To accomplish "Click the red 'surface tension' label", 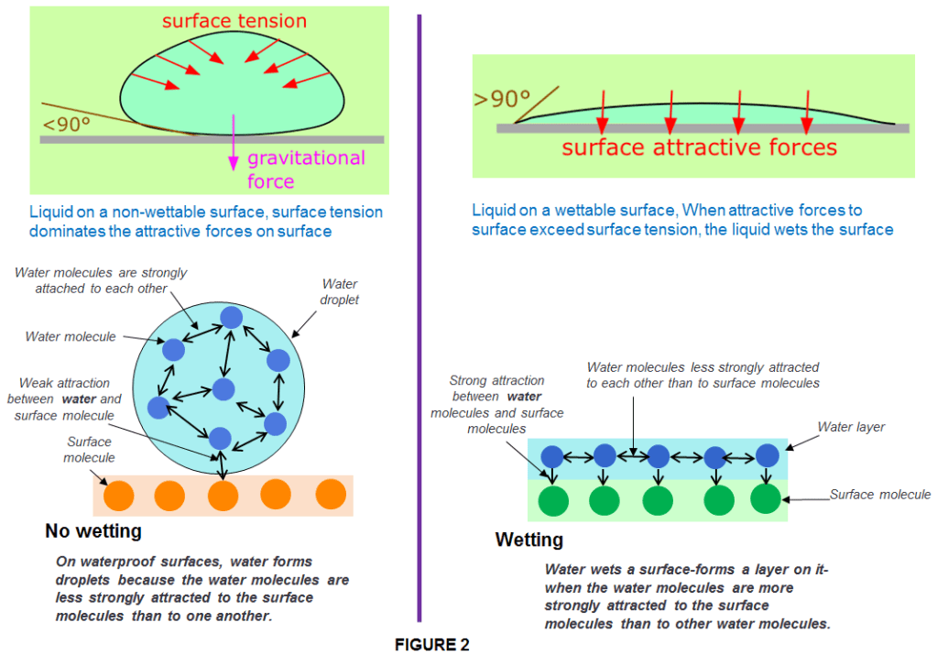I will (234, 20).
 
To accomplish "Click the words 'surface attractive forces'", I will (699, 147).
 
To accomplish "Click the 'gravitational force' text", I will (306, 169).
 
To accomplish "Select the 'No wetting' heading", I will (93, 530).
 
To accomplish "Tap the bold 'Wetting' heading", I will (528, 540).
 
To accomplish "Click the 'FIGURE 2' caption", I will (431, 645).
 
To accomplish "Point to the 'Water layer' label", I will (850, 427).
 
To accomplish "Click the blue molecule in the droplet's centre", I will (223, 389).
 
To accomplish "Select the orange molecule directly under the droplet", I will (223, 495).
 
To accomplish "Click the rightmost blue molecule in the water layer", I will (767, 454).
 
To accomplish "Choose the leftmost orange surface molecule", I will (118, 496).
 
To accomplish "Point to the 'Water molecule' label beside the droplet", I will (71, 336).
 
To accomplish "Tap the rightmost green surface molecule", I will (765, 499).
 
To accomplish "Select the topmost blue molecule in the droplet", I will (231, 317).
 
